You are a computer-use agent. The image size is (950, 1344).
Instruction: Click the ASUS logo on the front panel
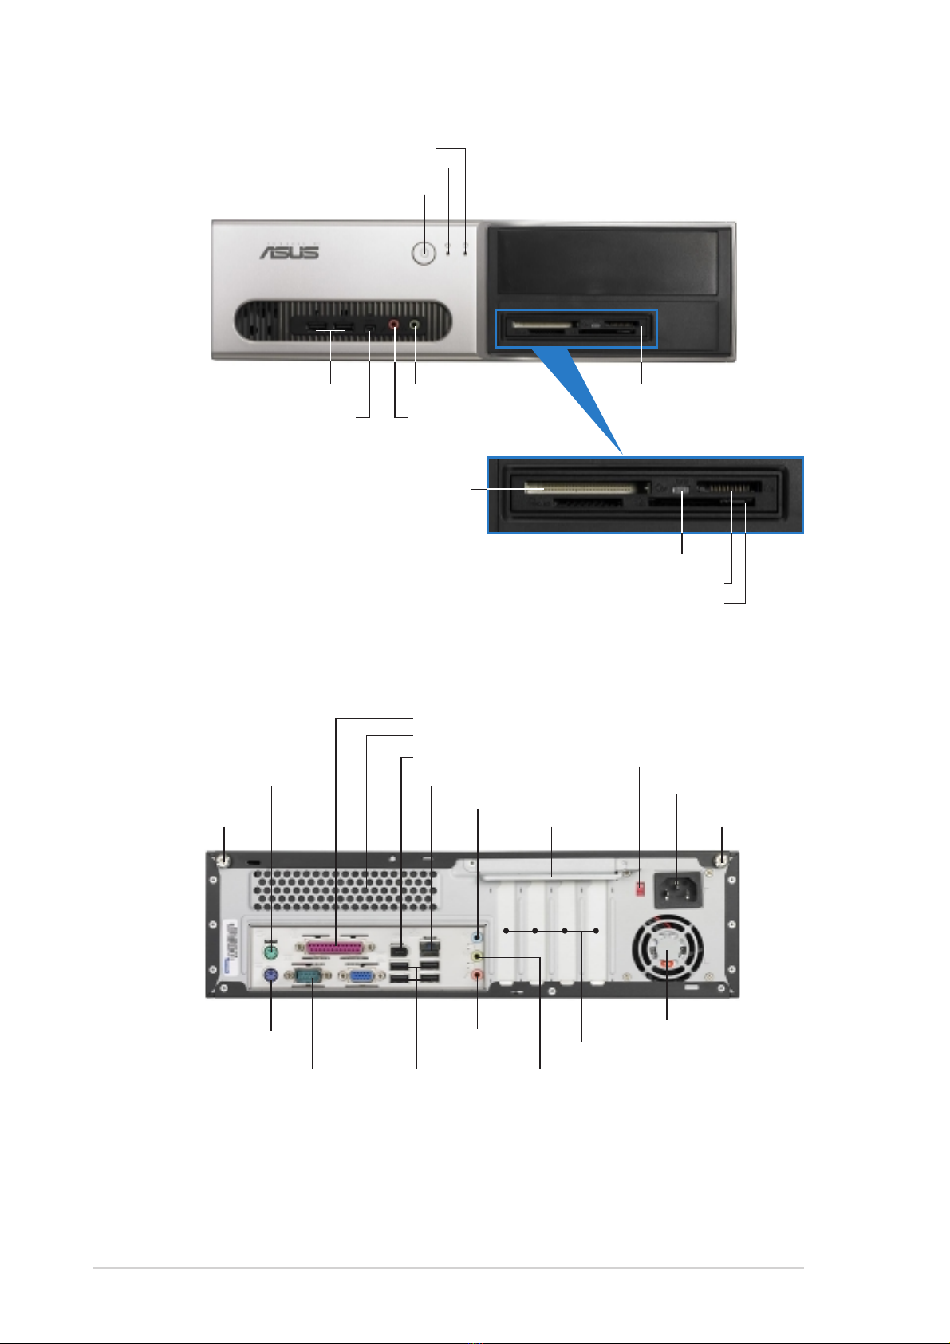tap(289, 251)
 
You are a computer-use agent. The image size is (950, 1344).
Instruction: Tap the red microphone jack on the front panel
tap(394, 325)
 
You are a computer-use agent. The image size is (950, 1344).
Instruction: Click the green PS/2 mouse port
tap(271, 952)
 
